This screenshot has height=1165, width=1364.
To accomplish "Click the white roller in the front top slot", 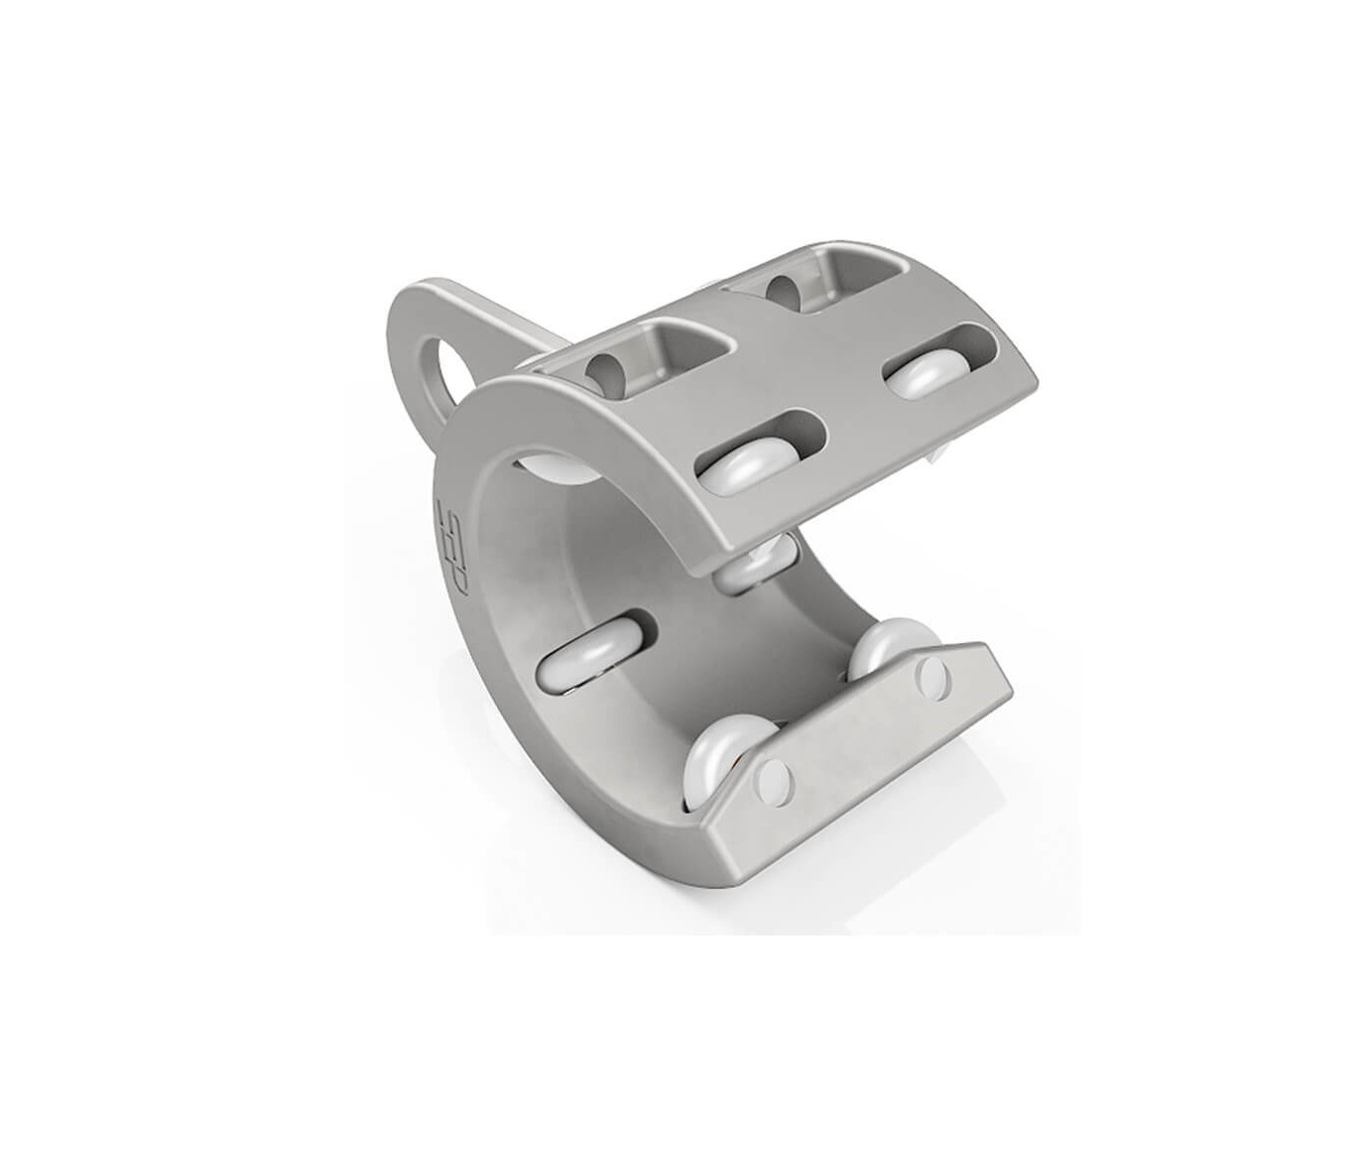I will [746, 463].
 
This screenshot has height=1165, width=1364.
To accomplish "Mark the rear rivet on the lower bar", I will [932, 676].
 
